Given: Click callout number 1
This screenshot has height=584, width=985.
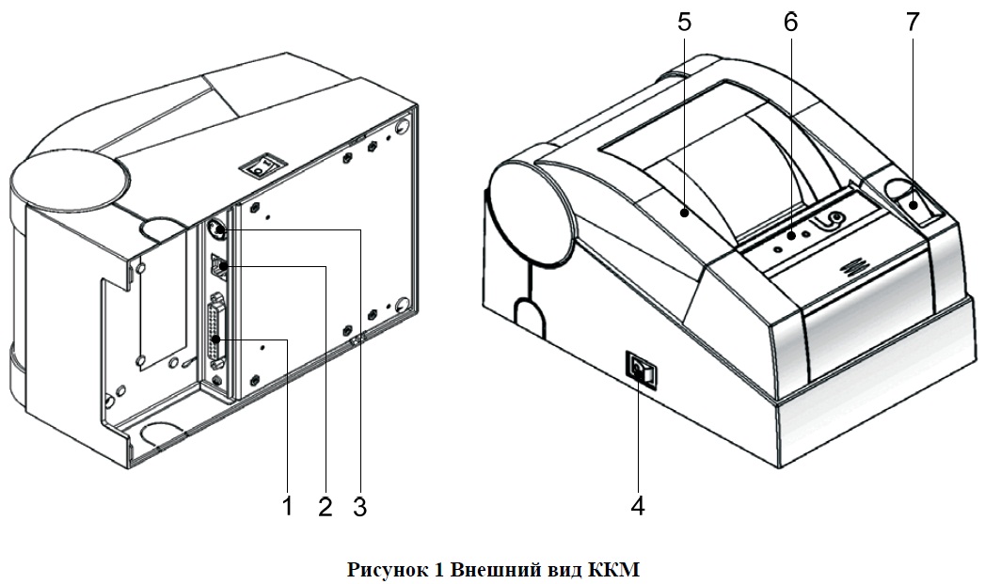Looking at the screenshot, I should pos(288,507).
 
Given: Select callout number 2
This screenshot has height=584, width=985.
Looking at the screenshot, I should pos(325,507).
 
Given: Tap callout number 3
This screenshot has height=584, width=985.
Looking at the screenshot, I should pos(359,507).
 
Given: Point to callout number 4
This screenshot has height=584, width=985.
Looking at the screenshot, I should pos(638,506).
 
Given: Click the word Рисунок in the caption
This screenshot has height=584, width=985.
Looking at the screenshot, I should pos(388,569).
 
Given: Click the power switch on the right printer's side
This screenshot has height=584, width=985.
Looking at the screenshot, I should pos(641,371).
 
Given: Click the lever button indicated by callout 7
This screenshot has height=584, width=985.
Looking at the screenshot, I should pos(915,204).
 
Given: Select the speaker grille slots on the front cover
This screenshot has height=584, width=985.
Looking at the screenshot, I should pos(852,265).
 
